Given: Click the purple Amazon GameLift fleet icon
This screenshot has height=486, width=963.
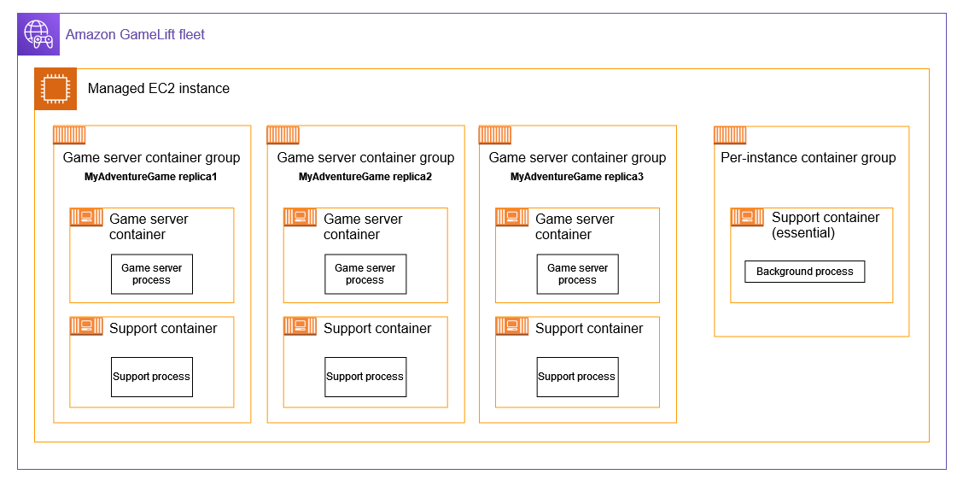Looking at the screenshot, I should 38,34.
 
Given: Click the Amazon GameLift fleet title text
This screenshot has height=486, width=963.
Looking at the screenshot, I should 135,35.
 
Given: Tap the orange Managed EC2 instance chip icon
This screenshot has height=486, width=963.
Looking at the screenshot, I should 55,89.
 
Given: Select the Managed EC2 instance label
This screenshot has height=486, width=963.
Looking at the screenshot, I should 158,89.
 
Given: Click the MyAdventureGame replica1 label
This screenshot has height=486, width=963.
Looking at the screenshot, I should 151,177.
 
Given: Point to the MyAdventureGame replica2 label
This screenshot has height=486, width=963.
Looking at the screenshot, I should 365,177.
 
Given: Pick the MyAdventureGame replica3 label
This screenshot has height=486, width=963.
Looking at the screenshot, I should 577,177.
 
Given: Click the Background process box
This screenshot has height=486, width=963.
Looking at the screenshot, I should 804,272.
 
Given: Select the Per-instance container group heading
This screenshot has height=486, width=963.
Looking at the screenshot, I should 808,157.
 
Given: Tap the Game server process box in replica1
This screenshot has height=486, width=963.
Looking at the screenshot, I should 152,274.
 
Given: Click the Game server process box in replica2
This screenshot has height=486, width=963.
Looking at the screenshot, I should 365,274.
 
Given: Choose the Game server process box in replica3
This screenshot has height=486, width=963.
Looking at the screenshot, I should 577,274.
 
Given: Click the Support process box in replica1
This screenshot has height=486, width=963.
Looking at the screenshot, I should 152,377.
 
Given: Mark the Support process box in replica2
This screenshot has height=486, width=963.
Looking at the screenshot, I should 365,377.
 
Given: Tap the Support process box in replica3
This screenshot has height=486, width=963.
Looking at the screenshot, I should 577,377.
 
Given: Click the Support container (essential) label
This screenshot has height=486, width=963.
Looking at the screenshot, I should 825,225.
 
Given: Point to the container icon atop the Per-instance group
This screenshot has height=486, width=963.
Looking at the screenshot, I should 730,135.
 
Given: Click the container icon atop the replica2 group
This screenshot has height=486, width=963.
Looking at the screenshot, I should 283,135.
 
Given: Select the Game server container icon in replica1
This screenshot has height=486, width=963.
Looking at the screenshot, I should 86,217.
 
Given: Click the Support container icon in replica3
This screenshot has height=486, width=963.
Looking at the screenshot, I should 512,326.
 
